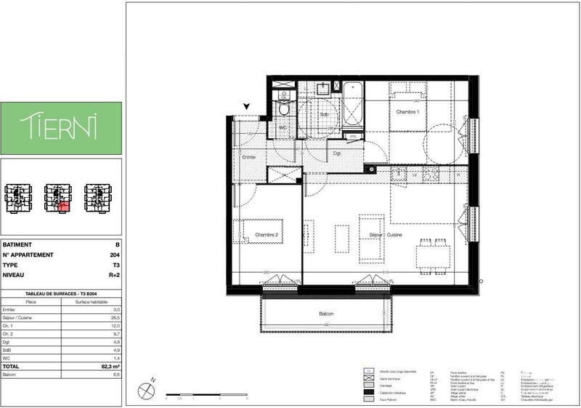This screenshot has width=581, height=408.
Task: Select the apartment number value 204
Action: click(x=114, y=255)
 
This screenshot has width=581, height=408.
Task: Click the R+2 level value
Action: click(x=113, y=276)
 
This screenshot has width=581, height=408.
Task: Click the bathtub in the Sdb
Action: click(x=354, y=105)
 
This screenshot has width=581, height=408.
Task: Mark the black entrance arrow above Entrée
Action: click(x=247, y=108)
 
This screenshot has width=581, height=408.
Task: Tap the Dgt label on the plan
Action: click(x=337, y=154)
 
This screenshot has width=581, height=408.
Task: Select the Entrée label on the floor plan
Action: click(x=248, y=157)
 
